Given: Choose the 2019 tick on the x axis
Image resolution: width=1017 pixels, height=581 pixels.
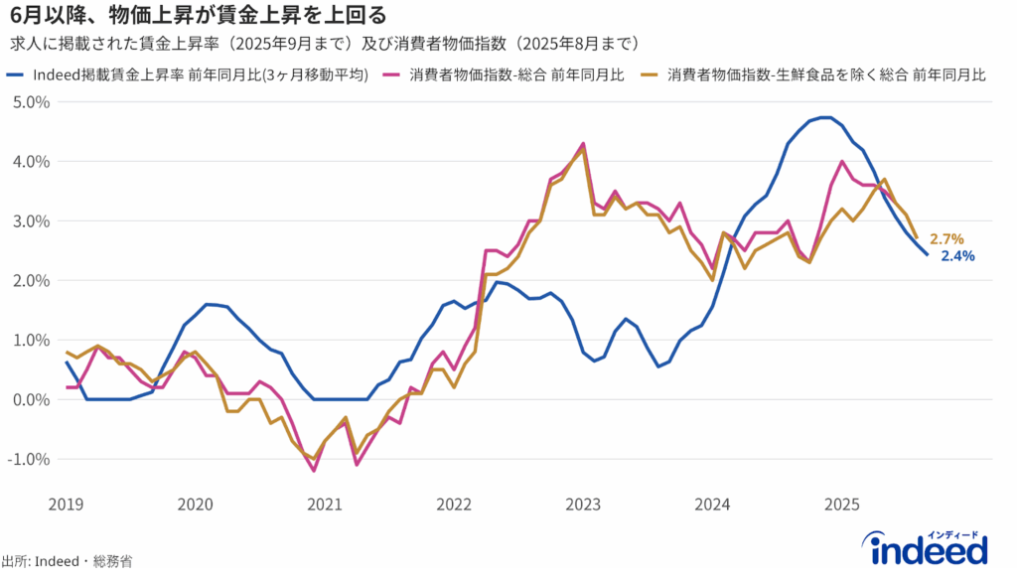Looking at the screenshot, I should (x=66, y=504).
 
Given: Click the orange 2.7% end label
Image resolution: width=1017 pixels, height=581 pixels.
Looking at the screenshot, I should (x=946, y=239).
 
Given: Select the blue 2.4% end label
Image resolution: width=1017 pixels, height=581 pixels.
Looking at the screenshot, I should (x=957, y=256).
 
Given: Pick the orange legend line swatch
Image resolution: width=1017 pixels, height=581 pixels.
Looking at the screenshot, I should (x=652, y=75).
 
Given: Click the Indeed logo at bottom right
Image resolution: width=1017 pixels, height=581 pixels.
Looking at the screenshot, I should (x=929, y=549).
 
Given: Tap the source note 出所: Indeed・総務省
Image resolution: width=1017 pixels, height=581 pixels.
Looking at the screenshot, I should (x=67, y=562).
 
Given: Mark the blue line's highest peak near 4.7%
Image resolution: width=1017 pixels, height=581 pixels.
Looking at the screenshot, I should (x=823, y=117).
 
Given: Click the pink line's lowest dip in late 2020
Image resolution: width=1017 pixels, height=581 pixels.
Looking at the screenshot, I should (x=314, y=471).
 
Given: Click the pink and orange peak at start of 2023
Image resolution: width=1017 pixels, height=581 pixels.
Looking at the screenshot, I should (x=583, y=144).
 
